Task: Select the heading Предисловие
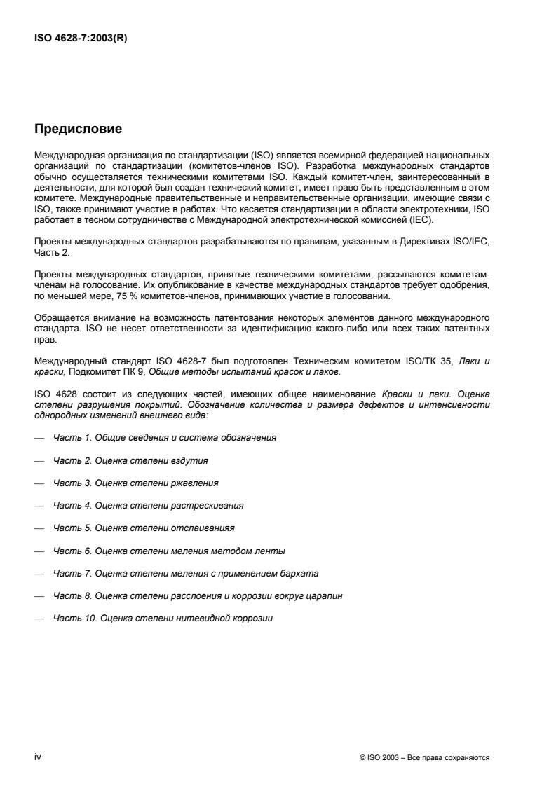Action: (79, 128)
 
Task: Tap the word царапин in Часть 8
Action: (325, 596)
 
